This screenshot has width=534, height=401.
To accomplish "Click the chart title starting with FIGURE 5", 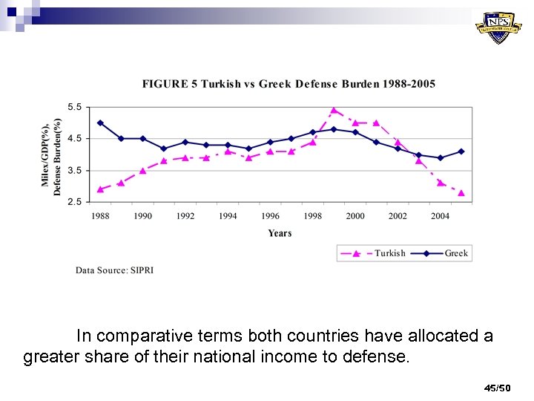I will pyautogui.click(x=289, y=84).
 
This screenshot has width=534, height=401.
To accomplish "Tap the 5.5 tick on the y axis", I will pyautogui.click(x=76, y=107).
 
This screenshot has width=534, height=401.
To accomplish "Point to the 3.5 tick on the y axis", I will pyautogui.click(x=76, y=170).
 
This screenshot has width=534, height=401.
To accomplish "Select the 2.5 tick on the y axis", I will pyautogui.click(x=76, y=201).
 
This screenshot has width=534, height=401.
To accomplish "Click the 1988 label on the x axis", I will pyautogui.click(x=100, y=216).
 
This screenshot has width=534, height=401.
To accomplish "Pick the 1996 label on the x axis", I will pyautogui.click(x=271, y=216).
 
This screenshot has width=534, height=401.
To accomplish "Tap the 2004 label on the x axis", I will pyautogui.click(x=441, y=216).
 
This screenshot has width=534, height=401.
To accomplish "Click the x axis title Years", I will pyautogui.click(x=280, y=233).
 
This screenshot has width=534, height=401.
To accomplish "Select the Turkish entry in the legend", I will pyautogui.click(x=389, y=253).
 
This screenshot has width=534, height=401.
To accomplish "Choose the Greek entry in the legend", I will pyautogui.click(x=456, y=253).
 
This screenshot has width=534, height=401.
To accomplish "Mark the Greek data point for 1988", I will pyautogui.click(x=100, y=123).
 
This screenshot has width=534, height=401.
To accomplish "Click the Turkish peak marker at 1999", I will pyautogui.click(x=334, y=110).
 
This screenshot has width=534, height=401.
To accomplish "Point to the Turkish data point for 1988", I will pyautogui.click(x=100, y=189).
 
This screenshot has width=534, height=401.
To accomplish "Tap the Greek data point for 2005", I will pyautogui.click(x=461, y=151).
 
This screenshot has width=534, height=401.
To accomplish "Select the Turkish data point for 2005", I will pyautogui.click(x=461, y=192).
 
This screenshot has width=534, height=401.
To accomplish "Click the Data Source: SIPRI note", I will pyautogui.click(x=114, y=270).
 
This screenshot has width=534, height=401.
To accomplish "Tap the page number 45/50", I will pyautogui.click(x=497, y=388).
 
